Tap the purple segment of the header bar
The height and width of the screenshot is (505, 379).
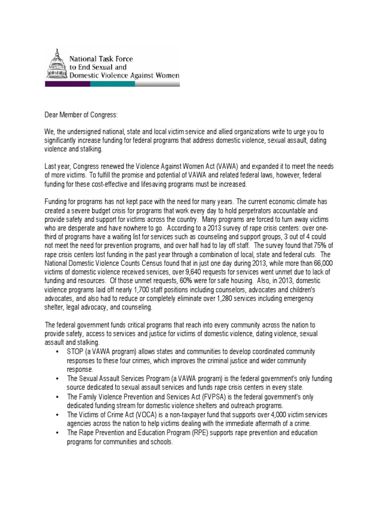click(x=68, y=84)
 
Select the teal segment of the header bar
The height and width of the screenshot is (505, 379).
click(x=113, y=84)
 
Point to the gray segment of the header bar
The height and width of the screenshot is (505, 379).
click(x=157, y=84)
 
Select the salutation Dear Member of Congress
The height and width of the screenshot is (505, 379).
click(x=82, y=115)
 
